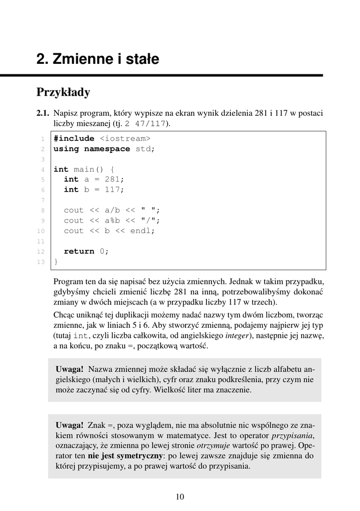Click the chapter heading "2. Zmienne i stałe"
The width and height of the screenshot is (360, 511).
tap(98, 60)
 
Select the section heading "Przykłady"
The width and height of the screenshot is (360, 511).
tap(63, 92)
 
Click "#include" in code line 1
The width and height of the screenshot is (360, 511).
tap(74, 138)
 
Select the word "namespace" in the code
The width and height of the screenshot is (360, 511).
tap(107, 149)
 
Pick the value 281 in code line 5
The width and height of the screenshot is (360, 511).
tap(112, 179)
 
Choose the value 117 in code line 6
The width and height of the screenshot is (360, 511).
tap(112, 190)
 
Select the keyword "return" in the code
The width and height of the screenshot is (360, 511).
tap(79, 251)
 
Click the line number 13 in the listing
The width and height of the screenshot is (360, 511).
tap(41, 261)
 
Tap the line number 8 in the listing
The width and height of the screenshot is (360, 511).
tap(43, 210)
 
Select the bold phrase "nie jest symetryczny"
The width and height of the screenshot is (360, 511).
tap(125, 456)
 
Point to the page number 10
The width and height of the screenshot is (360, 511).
tap(180, 496)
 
